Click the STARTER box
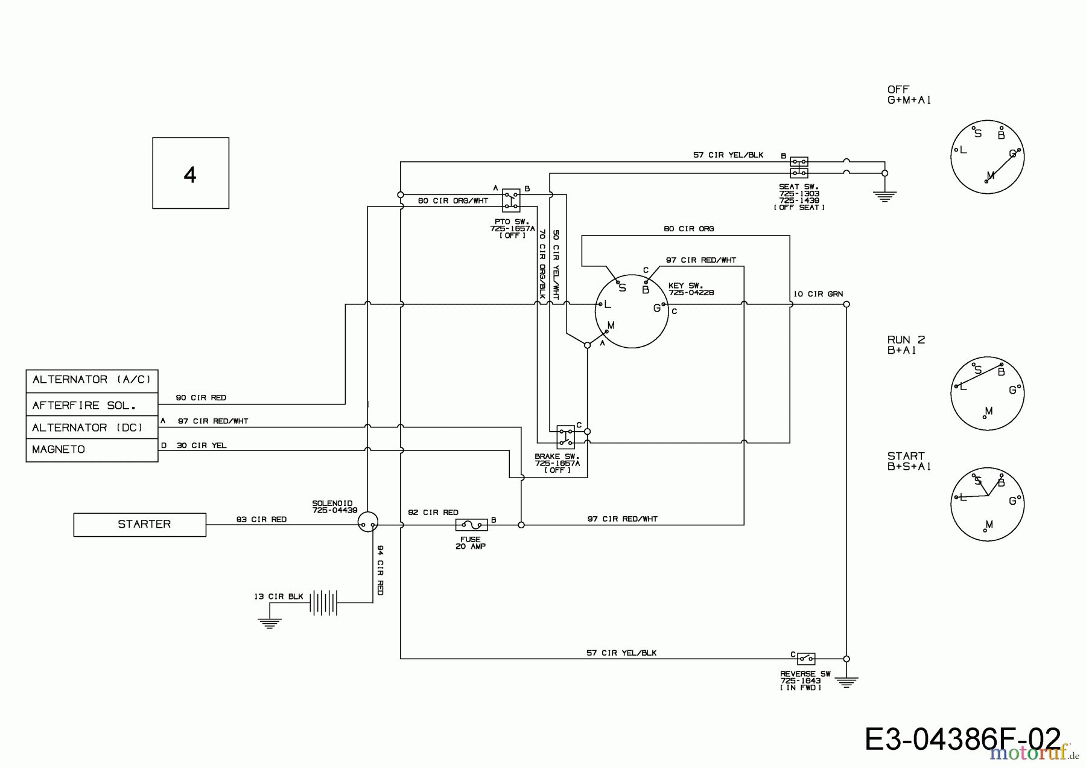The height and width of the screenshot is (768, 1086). [139, 525]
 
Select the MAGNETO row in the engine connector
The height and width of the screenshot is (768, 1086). [92, 450]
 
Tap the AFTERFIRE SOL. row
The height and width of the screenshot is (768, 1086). [92, 405]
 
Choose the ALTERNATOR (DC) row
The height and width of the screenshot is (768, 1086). [92, 427]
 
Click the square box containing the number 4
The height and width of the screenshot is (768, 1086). [191, 173]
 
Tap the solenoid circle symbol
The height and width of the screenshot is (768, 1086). [367, 522]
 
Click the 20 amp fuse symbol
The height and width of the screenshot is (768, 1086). [471, 525]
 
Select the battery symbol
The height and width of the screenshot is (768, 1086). [323, 602]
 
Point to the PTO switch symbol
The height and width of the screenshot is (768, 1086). [511, 200]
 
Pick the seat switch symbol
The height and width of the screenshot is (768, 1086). [799, 167]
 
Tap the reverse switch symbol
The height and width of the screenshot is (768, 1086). [806, 658]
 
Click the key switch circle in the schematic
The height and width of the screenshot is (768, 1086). [632, 312]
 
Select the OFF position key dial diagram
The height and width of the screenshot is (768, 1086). [988, 156]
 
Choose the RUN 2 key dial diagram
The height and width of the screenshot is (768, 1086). [988, 394]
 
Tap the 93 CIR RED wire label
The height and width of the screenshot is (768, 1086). [261, 519]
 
